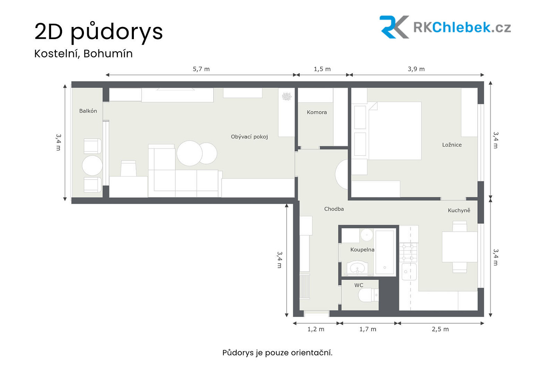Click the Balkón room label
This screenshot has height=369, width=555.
click(88, 111)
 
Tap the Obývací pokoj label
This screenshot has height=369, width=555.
click(249, 137)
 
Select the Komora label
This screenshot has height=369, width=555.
click(317, 112)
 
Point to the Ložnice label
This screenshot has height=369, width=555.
click(452, 145)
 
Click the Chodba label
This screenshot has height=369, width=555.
click(334, 209)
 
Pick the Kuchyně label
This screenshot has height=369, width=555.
click(459, 210)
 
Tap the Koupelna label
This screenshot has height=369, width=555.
click(362, 249)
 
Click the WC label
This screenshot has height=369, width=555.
click(359, 285)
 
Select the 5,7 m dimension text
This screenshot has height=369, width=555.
click(201, 69)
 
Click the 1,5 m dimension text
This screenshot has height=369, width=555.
click(322, 69)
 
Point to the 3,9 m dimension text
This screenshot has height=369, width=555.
click(416, 69)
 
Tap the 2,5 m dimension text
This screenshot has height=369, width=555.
click(440, 329)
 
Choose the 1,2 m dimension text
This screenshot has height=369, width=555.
click(316, 329)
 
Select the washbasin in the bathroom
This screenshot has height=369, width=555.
click(357, 268)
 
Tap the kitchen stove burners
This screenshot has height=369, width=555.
click(408, 252)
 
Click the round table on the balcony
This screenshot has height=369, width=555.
click(92, 165)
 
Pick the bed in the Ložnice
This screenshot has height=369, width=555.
click(395, 131)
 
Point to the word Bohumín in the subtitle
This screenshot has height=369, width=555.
click(108, 54)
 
